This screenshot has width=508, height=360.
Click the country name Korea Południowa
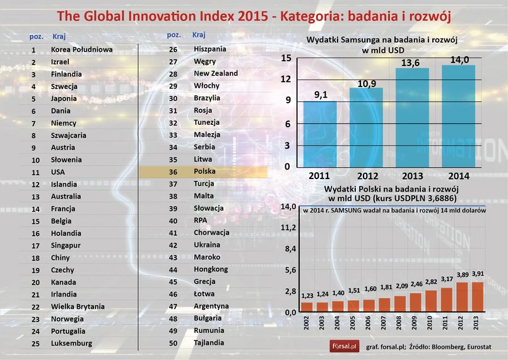(81, 49)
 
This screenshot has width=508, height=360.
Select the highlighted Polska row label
(205, 171)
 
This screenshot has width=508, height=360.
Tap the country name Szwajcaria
(69, 135)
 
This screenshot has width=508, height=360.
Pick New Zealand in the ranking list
(216, 74)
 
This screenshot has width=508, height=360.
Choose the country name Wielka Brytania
(78, 306)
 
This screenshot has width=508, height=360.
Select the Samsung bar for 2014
(458, 116)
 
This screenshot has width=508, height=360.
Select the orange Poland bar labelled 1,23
(307, 307)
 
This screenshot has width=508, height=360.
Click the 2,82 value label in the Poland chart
(431, 282)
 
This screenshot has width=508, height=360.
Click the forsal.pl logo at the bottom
(345, 345)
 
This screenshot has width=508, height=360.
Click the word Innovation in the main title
(208, 15)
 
